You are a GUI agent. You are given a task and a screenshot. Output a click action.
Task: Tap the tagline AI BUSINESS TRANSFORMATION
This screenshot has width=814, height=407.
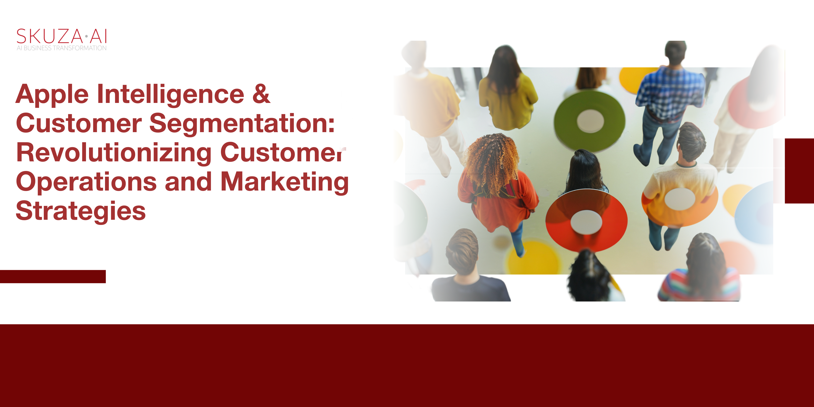point(62,48)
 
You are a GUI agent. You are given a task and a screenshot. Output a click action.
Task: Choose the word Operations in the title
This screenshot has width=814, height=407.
point(86,182)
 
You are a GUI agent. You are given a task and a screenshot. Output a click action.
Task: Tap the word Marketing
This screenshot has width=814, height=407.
point(284,182)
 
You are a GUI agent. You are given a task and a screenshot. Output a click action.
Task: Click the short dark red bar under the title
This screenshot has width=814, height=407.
point(53,277)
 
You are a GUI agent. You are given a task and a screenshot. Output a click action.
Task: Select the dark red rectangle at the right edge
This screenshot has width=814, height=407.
point(799,171)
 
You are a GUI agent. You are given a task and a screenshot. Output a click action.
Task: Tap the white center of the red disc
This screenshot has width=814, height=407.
point(586,222)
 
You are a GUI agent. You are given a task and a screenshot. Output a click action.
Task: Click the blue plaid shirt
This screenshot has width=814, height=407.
point(670,92)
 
